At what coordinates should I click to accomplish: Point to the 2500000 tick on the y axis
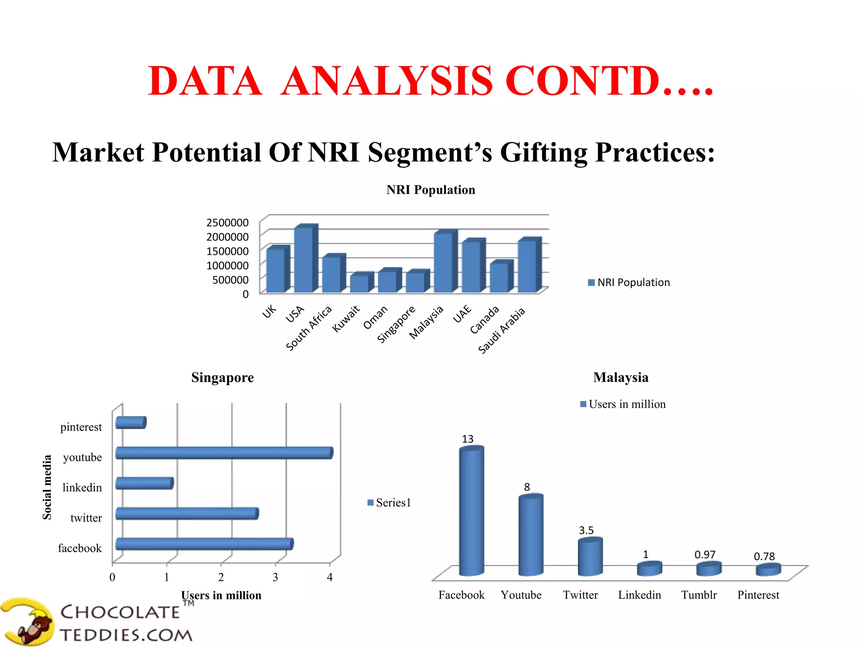[x=227, y=222]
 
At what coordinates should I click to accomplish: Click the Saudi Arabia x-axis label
[x=502, y=330]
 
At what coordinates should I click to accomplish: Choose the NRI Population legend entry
[x=629, y=282]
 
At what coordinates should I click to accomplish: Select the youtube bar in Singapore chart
[x=223, y=453]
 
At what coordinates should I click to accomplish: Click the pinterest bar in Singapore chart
[x=130, y=422]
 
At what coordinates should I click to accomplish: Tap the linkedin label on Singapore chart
[x=82, y=488]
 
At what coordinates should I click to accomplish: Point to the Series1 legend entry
[x=389, y=503]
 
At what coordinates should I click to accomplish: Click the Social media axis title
[x=47, y=487]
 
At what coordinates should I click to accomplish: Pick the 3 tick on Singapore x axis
[x=275, y=577]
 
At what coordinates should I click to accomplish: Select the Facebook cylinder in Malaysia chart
[x=471, y=512]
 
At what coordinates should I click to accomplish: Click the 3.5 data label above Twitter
[x=586, y=530]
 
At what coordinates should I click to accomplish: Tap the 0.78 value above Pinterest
[x=764, y=556]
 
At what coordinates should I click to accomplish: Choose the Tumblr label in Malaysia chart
[x=699, y=595]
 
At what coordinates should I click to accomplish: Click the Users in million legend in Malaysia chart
[x=623, y=404]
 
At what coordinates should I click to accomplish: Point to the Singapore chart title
[x=222, y=377]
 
